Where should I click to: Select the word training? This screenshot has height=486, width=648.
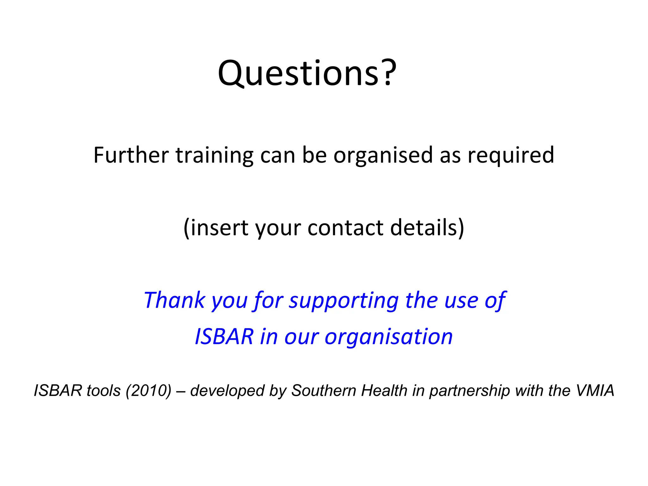point(214,156)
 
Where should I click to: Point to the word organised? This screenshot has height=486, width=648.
point(383,156)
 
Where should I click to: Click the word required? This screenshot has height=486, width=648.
point(511,156)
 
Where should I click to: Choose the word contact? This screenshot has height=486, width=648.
point(345,228)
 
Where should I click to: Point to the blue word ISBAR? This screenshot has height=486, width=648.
point(224,336)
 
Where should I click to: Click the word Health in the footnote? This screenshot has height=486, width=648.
point(384,390)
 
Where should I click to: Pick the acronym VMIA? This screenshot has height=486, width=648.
point(595,390)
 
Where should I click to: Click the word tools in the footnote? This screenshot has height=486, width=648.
point(104,390)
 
